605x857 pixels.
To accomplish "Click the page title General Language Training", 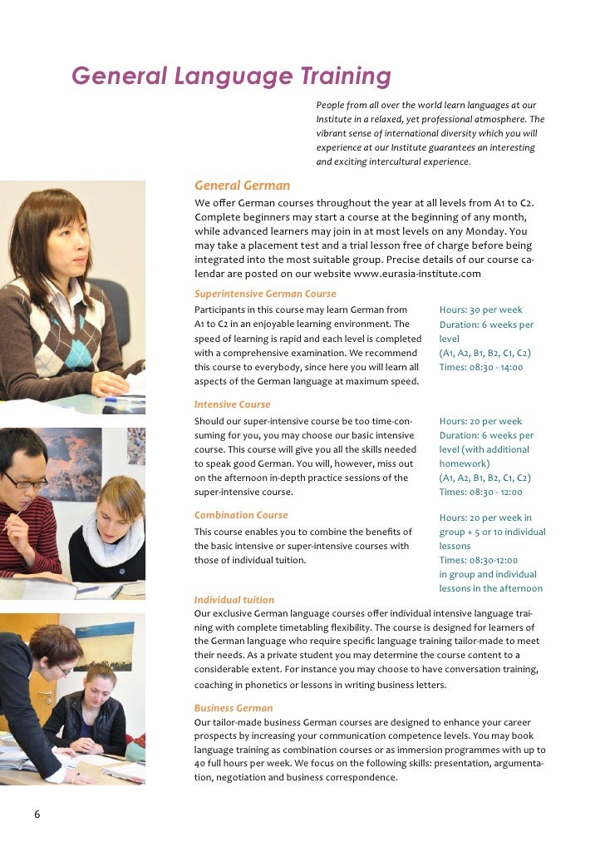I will tap(231, 77).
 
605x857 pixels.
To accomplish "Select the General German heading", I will tap(242, 185).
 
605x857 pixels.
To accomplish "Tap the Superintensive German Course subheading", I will tap(265, 294).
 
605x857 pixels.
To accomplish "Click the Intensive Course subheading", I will tap(232, 404).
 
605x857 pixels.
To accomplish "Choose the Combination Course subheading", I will tap(241, 515).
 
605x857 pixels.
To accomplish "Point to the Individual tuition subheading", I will tap(234, 599).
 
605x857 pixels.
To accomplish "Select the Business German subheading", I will tap(234, 708).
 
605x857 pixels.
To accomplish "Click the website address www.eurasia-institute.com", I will tap(417, 274).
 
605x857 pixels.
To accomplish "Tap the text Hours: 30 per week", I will tap(480, 310).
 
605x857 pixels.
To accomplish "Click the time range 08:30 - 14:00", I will tap(497, 367).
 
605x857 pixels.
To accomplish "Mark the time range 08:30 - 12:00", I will tap(497, 492).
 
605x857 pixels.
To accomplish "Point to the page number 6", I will tap(37, 815).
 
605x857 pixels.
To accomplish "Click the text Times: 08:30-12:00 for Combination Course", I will tap(478, 560).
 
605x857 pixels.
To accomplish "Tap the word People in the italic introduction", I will tap(331, 106).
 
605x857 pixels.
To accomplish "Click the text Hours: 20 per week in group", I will tap(485, 518).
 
